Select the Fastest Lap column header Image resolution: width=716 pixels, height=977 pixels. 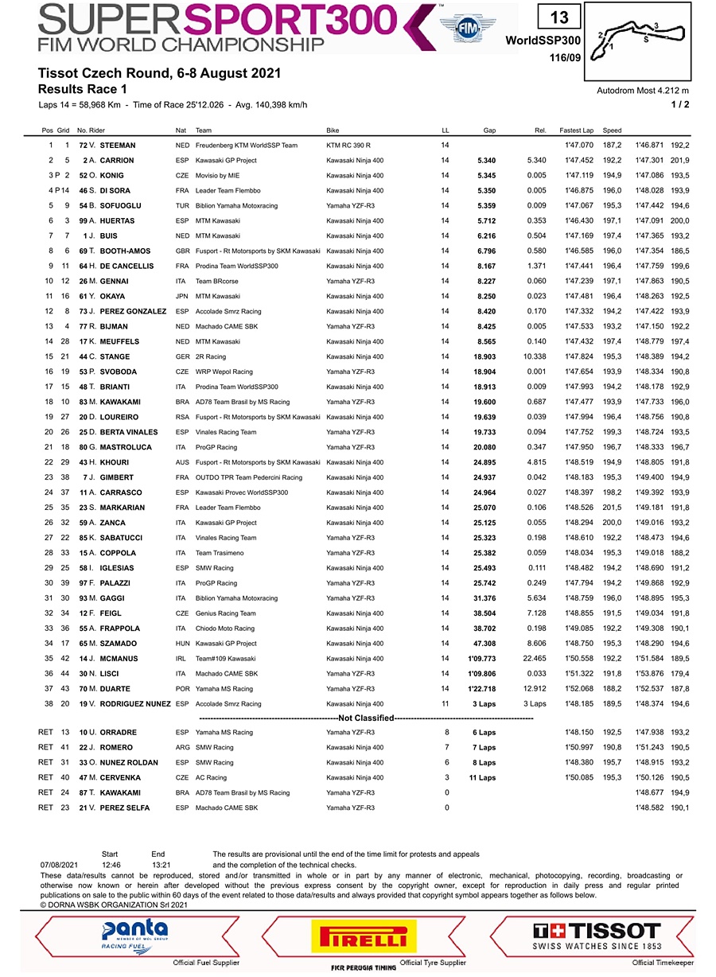point(577,130)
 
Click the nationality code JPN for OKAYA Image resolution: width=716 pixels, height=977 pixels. point(182,296)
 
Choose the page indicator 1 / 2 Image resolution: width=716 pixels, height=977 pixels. point(680,104)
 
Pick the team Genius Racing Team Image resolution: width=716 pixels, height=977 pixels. point(226,614)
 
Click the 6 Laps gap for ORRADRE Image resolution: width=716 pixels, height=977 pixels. point(484,733)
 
